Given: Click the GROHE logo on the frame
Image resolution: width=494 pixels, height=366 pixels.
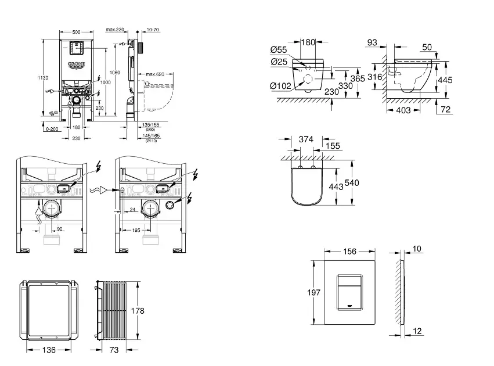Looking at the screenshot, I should pyautogui.click(x=77, y=64).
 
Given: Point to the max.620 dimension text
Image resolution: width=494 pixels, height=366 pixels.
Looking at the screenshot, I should pyautogui.click(x=156, y=74).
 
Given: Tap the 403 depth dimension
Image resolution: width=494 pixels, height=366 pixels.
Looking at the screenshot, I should pyautogui.click(x=403, y=110).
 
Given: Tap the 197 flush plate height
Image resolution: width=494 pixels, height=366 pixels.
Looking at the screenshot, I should pyautogui.click(x=314, y=293).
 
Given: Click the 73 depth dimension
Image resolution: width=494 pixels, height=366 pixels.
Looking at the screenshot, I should pyautogui.click(x=114, y=350).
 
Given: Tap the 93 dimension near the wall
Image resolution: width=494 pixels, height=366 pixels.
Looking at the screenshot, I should pyautogui.click(x=373, y=42).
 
